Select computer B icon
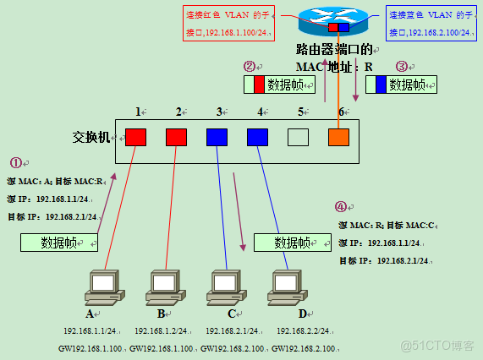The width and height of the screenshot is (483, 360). (164, 288)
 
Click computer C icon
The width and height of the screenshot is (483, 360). (225, 288)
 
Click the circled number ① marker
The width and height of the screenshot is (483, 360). (15, 162)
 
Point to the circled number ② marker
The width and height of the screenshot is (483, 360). (249, 66)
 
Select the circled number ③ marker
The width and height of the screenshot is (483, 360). (402, 66)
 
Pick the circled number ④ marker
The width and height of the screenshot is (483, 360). (341, 206)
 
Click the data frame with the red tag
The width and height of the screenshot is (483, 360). (278, 85)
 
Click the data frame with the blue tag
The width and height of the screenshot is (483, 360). (401, 85)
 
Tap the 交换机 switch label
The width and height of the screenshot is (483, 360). (91, 137)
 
